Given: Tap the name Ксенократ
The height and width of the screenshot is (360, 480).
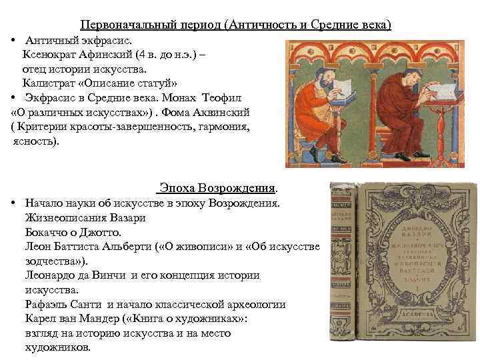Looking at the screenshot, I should coord(54,54).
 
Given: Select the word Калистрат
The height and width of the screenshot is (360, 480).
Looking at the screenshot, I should coord(53,83).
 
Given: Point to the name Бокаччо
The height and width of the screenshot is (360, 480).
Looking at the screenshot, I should coord(47,232).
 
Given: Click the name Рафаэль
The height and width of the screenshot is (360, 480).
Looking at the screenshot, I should coord(45,305).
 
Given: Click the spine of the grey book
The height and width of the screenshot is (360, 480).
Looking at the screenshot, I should coord(345,267).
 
